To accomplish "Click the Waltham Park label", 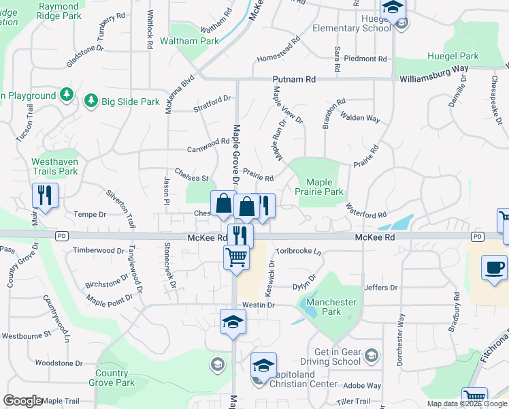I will coord(189,41).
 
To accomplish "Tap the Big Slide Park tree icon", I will coord(90,102).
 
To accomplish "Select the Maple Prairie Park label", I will coord(319,187).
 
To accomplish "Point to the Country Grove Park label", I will coord(112,378).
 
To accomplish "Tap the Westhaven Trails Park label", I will coord(55,166).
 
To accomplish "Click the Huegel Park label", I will coord(453,57).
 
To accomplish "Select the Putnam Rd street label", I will coord(295,80).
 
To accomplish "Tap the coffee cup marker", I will coord(495,267).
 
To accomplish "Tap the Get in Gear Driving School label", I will coord(338,357).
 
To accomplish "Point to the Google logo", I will coord(22,401).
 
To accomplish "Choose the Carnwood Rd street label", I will coord(208,142).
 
